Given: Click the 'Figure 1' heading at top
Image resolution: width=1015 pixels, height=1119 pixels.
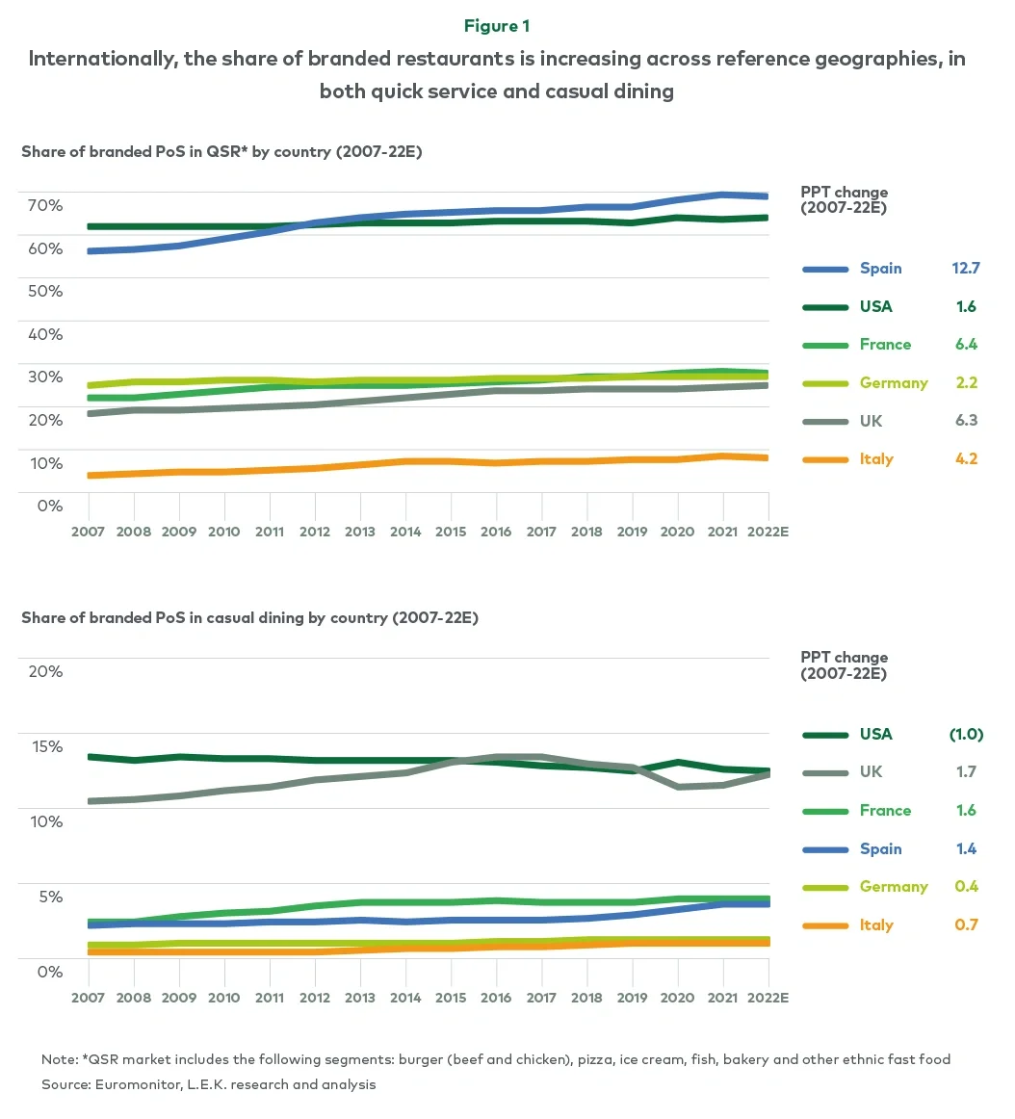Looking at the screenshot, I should [x=497, y=26].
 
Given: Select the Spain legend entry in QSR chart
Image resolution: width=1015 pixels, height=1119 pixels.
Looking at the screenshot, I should [x=880, y=269].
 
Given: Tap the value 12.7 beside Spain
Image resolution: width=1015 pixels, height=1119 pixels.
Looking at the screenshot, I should [x=965, y=269].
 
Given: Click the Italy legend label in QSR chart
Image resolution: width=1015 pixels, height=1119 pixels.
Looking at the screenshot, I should [x=876, y=459].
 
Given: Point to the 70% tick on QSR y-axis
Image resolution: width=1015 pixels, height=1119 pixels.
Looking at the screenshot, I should [x=43, y=205].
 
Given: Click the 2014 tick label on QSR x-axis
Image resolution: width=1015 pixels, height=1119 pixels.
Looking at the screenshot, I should [x=405, y=532].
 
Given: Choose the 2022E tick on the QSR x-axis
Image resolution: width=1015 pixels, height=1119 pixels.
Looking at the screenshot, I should [x=767, y=532].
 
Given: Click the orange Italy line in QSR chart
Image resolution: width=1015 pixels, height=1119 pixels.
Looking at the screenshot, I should [x=404, y=462].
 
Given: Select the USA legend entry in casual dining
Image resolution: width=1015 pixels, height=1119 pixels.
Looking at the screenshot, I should [x=875, y=735].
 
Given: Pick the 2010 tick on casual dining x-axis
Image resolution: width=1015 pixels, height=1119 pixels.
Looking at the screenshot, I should [x=224, y=998].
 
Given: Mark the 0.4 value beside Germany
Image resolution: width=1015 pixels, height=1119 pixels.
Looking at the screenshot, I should [x=966, y=887].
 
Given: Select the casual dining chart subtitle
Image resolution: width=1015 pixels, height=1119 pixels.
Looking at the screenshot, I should [x=249, y=618].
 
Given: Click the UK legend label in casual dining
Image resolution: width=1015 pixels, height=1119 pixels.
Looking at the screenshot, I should [x=871, y=772].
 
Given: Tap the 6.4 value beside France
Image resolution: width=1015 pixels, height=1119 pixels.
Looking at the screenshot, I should [x=965, y=345].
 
